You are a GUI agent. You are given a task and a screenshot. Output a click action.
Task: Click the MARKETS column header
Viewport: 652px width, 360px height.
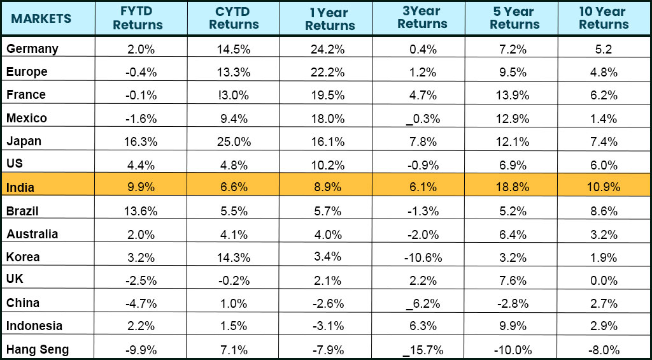point(41,18)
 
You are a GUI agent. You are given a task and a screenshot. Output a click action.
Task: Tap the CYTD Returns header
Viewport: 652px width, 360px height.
point(233,18)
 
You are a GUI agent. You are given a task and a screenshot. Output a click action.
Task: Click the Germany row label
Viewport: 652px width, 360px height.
point(32,49)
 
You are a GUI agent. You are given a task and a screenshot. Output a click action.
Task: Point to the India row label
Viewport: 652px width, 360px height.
point(20,187)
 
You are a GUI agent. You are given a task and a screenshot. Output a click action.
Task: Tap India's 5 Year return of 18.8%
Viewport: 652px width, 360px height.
point(511,187)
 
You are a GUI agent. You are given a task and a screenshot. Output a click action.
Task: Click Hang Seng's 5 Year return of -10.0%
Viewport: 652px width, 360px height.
point(511,349)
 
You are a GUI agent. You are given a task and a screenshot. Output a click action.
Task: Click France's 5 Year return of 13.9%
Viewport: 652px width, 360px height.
point(511,95)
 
